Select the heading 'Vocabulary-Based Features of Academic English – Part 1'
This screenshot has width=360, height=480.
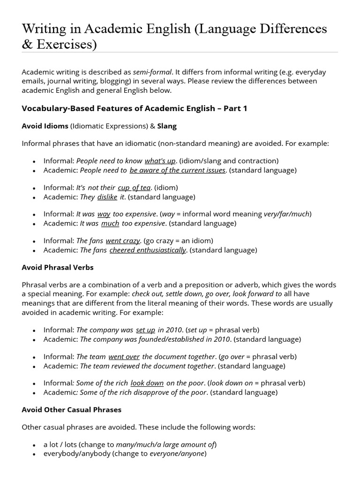click(x=135, y=109)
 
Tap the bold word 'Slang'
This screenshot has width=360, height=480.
click(x=167, y=126)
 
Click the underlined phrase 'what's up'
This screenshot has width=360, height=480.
click(x=160, y=161)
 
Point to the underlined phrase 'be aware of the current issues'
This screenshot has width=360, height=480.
click(x=178, y=170)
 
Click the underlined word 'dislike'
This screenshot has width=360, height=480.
click(x=107, y=197)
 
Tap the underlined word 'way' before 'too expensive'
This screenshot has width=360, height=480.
click(x=104, y=214)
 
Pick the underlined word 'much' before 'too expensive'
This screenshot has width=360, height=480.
click(x=110, y=224)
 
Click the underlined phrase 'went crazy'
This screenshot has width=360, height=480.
click(x=123, y=241)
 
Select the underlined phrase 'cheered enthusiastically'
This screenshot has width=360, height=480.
click(x=148, y=250)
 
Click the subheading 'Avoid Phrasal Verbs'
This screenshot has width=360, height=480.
click(x=58, y=268)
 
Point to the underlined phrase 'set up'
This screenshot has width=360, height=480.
click(x=145, y=330)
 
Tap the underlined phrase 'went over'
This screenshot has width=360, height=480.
click(x=124, y=357)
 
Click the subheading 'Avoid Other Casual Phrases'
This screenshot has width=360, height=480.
click(x=72, y=410)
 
